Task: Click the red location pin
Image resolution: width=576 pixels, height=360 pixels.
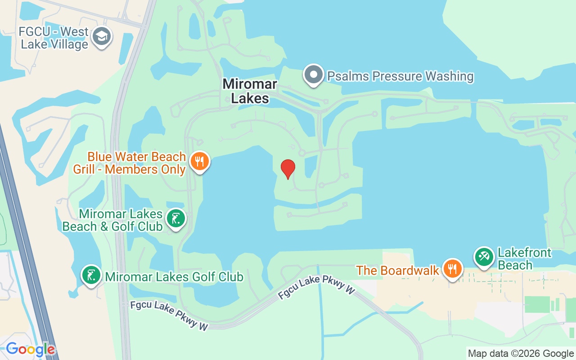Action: [x=288, y=169]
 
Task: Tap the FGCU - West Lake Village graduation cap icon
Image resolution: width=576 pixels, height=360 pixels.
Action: [x=101, y=37]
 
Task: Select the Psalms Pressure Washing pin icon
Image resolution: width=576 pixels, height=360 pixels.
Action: [x=314, y=74]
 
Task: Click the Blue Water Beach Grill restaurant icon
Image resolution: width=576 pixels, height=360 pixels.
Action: [x=199, y=161]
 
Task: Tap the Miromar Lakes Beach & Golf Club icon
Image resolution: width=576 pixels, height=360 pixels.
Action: [x=175, y=219]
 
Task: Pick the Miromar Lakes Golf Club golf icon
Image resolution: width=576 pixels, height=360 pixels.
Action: [x=91, y=274]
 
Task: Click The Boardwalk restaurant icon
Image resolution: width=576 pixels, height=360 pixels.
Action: [x=452, y=269]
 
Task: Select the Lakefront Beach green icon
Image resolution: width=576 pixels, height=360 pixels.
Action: [x=484, y=257]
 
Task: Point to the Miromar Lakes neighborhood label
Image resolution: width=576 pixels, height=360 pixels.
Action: [x=250, y=91]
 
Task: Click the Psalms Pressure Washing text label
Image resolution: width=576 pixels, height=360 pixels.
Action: [x=400, y=76]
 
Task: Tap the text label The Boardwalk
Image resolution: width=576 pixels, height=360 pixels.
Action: [x=397, y=270]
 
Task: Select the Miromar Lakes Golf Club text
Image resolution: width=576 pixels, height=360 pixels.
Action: [x=174, y=276]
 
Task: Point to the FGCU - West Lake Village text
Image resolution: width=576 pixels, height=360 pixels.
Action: [x=53, y=38]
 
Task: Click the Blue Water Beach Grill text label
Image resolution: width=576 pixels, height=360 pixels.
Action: [x=130, y=163]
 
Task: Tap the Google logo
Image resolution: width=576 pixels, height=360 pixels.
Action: [x=30, y=349]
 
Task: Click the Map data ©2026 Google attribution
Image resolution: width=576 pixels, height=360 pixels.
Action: [x=521, y=354]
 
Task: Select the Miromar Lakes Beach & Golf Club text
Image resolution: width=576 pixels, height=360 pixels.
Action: [x=112, y=220]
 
